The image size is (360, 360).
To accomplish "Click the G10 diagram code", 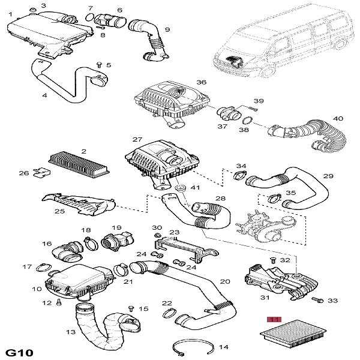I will pos(19,350).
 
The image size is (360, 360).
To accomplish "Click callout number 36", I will pos(201,83).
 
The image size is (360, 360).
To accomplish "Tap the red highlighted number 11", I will pos(274,319).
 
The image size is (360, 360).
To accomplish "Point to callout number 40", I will pos(338,119).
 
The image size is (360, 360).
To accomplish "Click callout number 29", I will pos(328,176).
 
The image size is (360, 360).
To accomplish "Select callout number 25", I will pos(59,211).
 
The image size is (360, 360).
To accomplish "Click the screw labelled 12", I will pos(58,304).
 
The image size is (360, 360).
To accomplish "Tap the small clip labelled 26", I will pos(40,173).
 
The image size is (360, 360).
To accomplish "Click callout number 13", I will pos(70,332).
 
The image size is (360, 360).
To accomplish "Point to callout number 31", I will pos(265,298).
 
